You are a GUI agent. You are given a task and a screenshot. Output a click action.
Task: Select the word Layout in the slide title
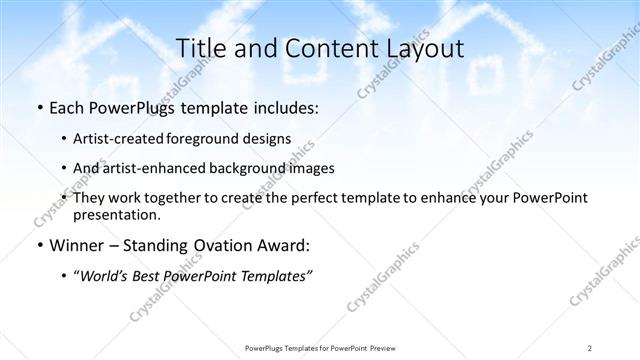(x=424, y=48)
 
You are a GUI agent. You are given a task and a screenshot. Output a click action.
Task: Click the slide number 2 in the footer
(x=590, y=347)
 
